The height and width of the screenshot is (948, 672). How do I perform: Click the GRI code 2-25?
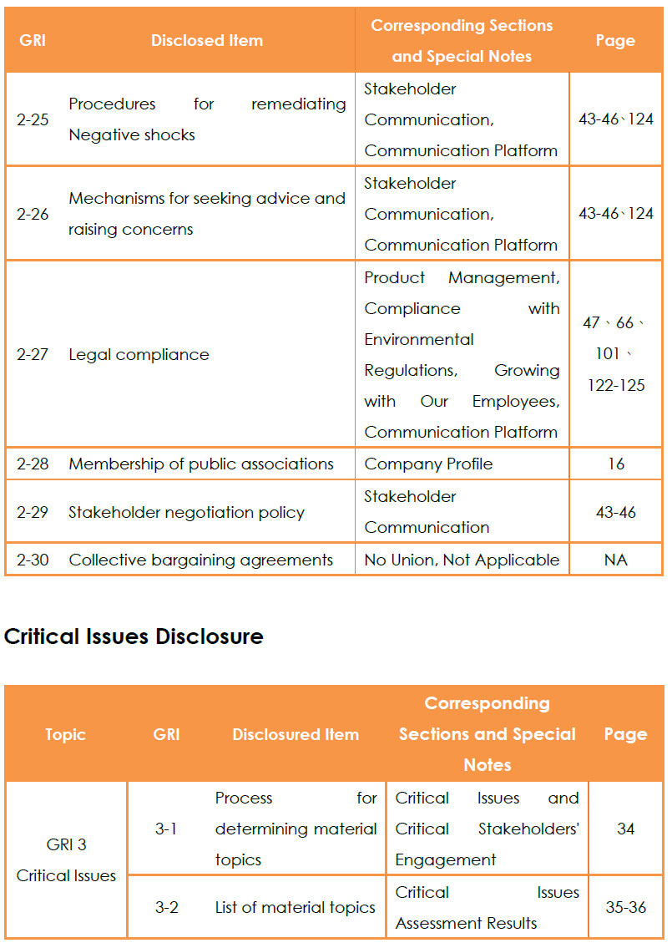pyautogui.click(x=33, y=119)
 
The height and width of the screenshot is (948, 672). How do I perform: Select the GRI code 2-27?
pyautogui.click(x=33, y=354)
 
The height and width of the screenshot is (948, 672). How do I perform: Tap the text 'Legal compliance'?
pyautogui.click(x=139, y=354)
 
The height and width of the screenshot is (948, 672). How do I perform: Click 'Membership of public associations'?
pyautogui.click(x=201, y=464)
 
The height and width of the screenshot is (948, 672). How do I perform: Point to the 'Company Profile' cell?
pyautogui.click(x=428, y=464)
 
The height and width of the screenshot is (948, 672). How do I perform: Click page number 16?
pyautogui.click(x=616, y=464)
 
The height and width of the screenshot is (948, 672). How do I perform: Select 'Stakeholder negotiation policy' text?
pyautogui.click(x=186, y=512)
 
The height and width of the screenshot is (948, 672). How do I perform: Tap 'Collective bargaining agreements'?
pyautogui.click(x=201, y=560)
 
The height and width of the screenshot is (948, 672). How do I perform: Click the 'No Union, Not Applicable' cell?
pyautogui.click(x=462, y=560)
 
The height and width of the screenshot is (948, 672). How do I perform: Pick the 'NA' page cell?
pyautogui.click(x=616, y=560)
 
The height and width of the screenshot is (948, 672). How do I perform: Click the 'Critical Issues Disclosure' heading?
pyautogui.click(x=134, y=636)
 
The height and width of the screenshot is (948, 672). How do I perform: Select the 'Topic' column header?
pyautogui.click(x=66, y=734)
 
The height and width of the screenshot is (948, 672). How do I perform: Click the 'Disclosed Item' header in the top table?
pyautogui.click(x=207, y=40)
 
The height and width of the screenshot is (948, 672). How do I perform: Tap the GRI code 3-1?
pyautogui.click(x=166, y=829)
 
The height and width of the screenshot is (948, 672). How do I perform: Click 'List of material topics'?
pyautogui.click(x=296, y=907)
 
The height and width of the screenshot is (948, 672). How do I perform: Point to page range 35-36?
pyautogui.click(x=625, y=907)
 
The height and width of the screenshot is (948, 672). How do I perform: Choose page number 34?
pyautogui.click(x=625, y=829)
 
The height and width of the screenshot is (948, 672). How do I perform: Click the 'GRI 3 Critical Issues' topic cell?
pyautogui.click(x=66, y=860)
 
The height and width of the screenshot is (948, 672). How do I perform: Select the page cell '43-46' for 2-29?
pyautogui.click(x=616, y=512)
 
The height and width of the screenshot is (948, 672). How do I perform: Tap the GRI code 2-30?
pyautogui.click(x=33, y=560)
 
